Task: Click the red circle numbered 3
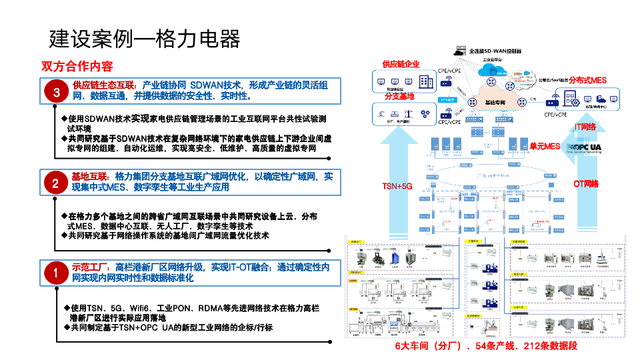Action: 57,93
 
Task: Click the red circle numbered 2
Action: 57,183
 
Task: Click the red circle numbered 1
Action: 57,273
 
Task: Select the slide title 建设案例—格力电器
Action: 145,39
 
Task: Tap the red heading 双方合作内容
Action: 77,67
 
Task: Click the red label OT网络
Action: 586,183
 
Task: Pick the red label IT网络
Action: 585,127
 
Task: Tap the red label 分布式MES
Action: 587,79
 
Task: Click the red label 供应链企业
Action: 401,64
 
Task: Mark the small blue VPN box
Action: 447,100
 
